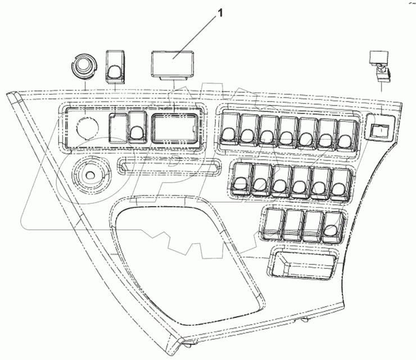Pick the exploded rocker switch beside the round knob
click(116, 66)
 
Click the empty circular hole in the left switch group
click(84, 127)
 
